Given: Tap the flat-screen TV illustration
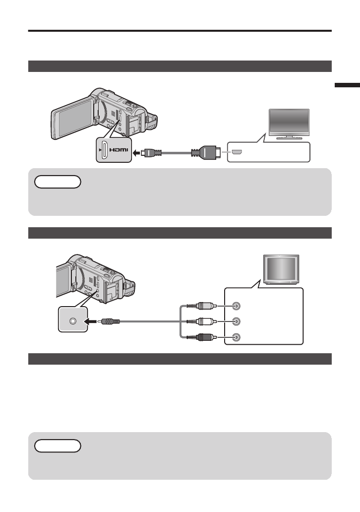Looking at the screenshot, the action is (289, 124).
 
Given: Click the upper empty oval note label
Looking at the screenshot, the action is (58, 182).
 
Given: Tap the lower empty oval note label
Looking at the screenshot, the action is (58, 446).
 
